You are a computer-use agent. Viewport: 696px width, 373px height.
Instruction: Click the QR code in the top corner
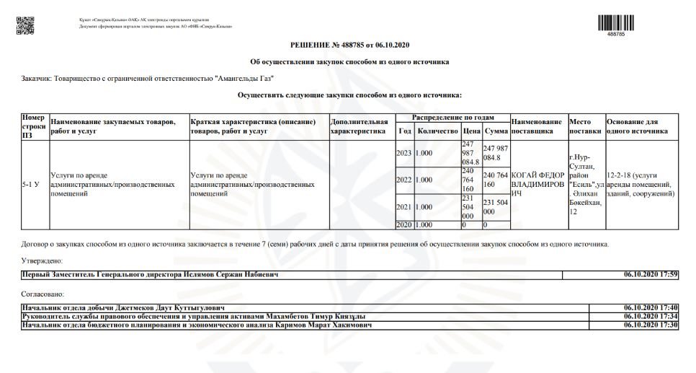click(24, 22)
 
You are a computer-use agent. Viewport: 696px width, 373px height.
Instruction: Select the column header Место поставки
click(585, 126)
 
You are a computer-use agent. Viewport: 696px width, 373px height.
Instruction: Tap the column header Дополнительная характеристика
click(359, 126)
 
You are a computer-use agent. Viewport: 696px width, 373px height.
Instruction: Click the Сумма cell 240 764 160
click(495, 180)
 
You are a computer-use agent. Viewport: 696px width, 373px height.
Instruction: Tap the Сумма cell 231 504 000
click(495, 207)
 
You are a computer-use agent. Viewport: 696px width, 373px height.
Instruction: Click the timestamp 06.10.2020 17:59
click(651, 275)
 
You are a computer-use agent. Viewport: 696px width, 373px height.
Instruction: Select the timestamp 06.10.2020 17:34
click(651, 317)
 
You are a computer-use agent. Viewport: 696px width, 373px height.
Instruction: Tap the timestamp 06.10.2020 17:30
click(651, 325)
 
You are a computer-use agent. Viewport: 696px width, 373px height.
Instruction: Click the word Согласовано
click(43, 294)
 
